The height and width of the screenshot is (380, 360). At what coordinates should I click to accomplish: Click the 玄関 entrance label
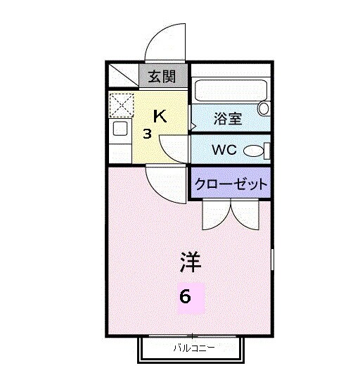pos(161,77)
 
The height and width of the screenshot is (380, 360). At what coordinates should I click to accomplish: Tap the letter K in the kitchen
pos(160,117)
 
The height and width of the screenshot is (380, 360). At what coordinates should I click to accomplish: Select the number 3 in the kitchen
pos(148,133)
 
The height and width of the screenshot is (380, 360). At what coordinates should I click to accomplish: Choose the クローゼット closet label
pos(231,185)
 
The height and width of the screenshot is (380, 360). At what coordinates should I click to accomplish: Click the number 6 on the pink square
pos(185,296)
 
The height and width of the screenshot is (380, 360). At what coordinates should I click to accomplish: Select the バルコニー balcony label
pos(193,347)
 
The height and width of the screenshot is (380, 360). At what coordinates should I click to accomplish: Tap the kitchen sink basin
pos(120,129)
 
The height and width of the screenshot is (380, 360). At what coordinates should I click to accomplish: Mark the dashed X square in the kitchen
pos(122,106)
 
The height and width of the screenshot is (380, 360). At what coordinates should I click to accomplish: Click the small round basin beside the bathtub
pos(264,108)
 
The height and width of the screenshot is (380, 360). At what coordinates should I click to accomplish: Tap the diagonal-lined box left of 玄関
pos(124,75)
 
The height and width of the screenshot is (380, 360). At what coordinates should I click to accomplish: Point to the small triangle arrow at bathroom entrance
pos(192,127)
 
